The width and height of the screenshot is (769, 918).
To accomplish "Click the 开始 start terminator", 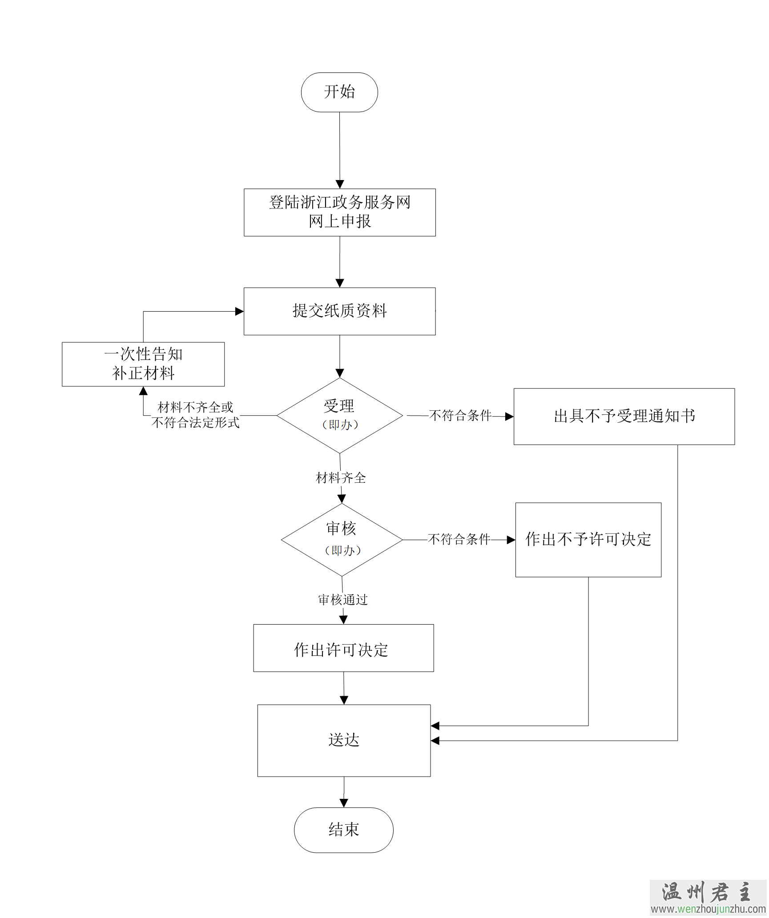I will pyautogui.click(x=339, y=92).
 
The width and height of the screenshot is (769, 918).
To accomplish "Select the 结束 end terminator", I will pyautogui.click(x=343, y=830).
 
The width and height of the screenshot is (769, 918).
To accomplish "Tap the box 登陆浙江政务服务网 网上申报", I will pyautogui.click(x=339, y=212).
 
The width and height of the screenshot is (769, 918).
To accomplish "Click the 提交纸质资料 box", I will pyautogui.click(x=339, y=311).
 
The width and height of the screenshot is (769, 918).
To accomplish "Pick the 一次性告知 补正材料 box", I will pyautogui.click(x=143, y=364).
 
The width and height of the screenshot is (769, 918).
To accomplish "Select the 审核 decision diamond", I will pyautogui.click(x=342, y=539).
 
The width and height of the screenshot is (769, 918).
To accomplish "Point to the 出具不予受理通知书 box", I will pyautogui.click(x=624, y=416).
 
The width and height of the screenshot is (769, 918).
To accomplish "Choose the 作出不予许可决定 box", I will pyautogui.click(x=588, y=539).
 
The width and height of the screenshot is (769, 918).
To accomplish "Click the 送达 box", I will pyautogui.click(x=343, y=740).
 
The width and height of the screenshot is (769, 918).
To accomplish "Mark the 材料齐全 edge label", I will pyautogui.click(x=341, y=478).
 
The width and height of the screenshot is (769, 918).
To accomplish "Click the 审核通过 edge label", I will pyautogui.click(x=343, y=600).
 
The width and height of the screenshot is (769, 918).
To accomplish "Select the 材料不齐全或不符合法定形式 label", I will pyautogui.click(x=195, y=415).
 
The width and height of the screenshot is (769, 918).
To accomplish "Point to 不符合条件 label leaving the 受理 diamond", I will pyautogui.click(x=460, y=416).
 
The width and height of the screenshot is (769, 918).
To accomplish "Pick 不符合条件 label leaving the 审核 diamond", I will pyautogui.click(x=459, y=539).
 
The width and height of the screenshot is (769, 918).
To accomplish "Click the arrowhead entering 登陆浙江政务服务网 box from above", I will pyautogui.click(x=340, y=184).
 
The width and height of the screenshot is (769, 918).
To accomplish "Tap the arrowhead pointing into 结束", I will pyautogui.click(x=344, y=803).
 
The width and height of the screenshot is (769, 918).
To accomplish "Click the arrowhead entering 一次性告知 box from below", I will pyautogui.click(x=143, y=391).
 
